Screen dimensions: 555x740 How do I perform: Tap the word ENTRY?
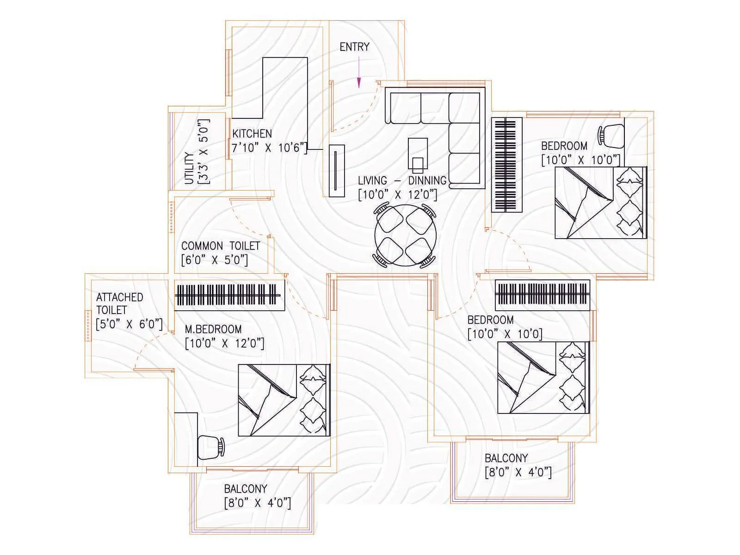pyautogui.click(x=354, y=47)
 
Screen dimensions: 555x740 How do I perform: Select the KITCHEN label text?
pyautogui.click(x=252, y=134)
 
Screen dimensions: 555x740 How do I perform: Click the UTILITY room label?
pyautogui.click(x=189, y=169)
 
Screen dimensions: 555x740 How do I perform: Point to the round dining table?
pyautogui.click(x=404, y=236)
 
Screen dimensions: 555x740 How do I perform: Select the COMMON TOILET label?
pyautogui.click(x=221, y=246)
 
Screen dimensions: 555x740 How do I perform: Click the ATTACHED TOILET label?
pyautogui.click(x=119, y=303)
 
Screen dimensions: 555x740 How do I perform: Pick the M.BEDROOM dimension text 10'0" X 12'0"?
pyautogui.click(x=224, y=344)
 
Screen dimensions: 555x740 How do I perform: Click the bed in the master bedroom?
pyautogui.click(x=284, y=400)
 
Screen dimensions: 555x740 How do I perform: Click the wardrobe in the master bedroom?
pyautogui.click(x=229, y=295)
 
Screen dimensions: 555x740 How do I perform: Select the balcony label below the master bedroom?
pyautogui.click(x=246, y=489)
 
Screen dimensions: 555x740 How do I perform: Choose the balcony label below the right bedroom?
pyautogui.click(x=506, y=458)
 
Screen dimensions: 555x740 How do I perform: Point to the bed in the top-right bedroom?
pyautogui.click(x=600, y=203)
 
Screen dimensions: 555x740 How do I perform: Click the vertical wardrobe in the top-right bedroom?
pyautogui.click(x=507, y=165)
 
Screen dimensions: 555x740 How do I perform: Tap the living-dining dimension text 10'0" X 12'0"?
pyautogui.click(x=398, y=195)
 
